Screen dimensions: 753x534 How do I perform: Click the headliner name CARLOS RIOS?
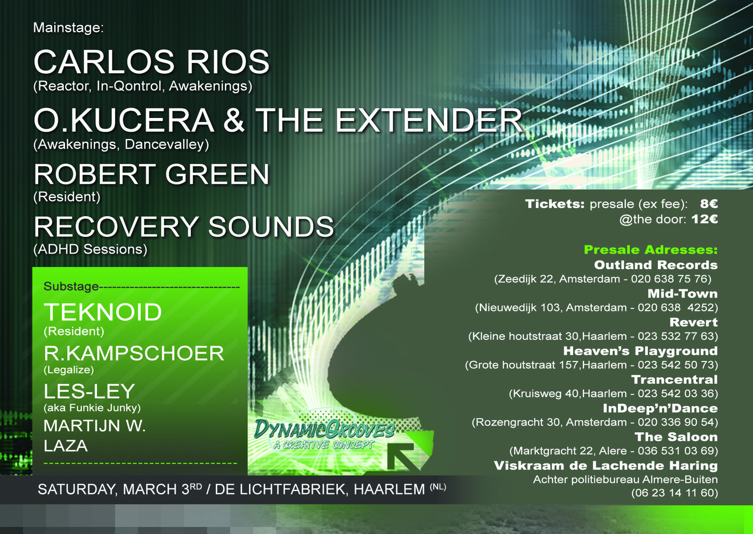(x=152, y=62)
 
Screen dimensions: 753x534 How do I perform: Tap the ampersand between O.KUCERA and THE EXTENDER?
(x=234, y=120)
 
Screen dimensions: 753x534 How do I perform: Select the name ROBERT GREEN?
(x=152, y=174)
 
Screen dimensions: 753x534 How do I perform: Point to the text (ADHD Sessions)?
(x=90, y=249)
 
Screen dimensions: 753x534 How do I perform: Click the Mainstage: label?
(x=68, y=28)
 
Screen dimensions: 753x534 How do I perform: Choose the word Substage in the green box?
(x=71, y=286)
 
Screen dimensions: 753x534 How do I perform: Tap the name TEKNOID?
(x=103, y=312)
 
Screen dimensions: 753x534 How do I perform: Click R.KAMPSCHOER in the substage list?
(x=134, y=354)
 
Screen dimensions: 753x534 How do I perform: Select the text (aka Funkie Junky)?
(x=92, y=408)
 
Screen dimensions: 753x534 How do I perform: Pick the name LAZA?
(x=66, y=446)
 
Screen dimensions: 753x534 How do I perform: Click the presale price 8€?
(x=709, y=204)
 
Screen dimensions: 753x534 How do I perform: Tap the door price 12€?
(x=705, y=219)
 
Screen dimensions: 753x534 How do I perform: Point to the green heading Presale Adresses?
(x=651, y=250)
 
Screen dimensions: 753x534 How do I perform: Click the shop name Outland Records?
(x=656, y=265)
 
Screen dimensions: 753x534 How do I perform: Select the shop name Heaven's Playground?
(x=641, y=351)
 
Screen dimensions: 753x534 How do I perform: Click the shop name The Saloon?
(x=676, y=437)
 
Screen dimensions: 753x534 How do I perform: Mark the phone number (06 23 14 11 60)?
(x=675, y=493)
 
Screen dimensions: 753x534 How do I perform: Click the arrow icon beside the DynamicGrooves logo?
(x=405, y=456)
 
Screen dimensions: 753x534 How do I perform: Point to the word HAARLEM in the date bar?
(x=389, y=490)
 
